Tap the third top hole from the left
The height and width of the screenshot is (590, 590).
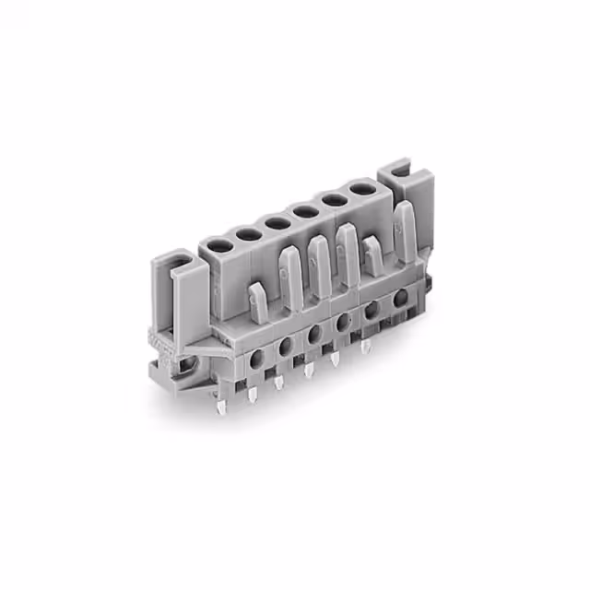(277, 222)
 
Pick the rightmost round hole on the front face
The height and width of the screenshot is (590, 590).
(400, 300)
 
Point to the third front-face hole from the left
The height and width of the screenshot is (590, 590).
(314, 333)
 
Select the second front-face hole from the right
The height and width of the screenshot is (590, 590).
(372, 312)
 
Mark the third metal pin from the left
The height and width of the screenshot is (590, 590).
(279, 381)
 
